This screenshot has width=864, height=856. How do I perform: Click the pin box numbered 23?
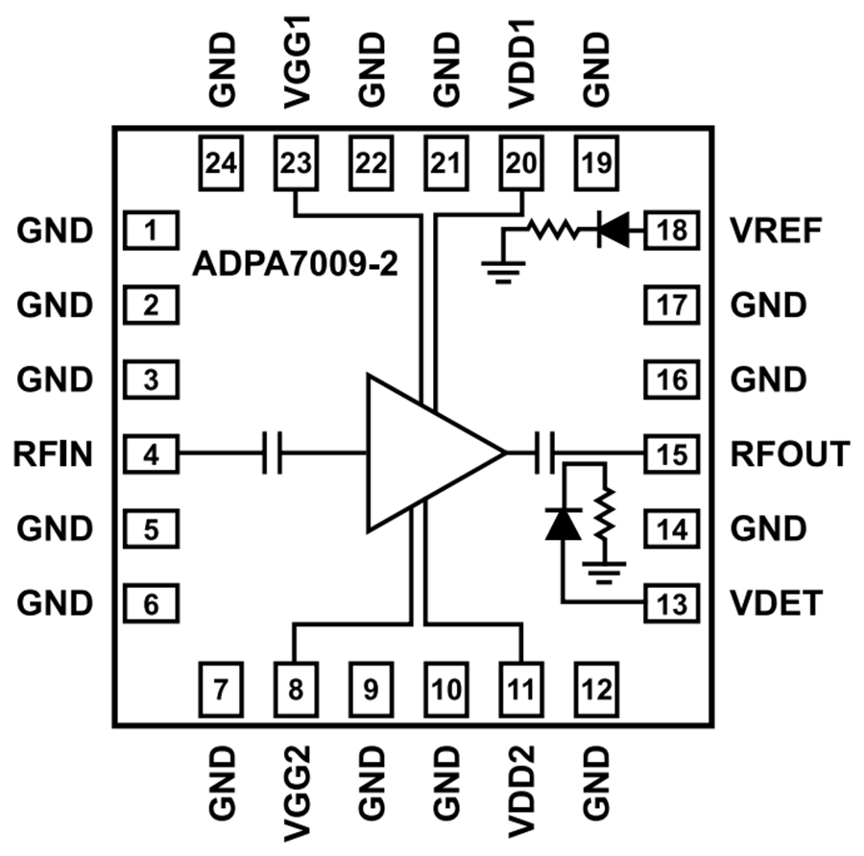tap(295, 162)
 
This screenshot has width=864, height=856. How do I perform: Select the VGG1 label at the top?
tap(295, 67)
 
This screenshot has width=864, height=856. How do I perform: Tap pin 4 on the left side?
tap(151, 453)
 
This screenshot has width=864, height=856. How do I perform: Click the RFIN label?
tap(54, 453)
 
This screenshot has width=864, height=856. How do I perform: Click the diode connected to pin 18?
tap(612, 231)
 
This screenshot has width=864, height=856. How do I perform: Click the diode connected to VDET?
tap(561, 525)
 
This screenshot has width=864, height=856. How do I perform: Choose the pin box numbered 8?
tap(295, 688)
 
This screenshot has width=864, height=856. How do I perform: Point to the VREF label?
tap(773, 231)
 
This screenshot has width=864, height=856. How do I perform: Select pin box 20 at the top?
tap(521, 162)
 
